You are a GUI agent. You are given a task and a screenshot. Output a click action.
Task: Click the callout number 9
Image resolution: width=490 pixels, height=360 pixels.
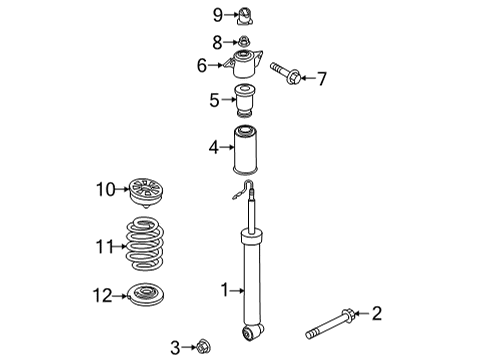point(218,15)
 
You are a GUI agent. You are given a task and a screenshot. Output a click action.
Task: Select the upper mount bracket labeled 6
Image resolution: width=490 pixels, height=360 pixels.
point(243,64)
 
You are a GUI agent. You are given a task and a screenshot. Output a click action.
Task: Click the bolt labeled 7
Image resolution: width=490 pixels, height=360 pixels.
point(286,73)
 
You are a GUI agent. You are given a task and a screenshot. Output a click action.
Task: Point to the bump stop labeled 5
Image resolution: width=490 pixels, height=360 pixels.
point(245,101)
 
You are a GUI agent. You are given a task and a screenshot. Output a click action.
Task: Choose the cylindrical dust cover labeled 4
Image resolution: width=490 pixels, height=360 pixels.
point(245,150)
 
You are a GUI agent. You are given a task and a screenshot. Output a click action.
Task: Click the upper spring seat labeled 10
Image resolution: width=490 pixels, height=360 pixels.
point(146,193)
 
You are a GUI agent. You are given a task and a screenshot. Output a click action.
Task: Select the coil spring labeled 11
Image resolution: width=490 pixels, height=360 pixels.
point(145,244)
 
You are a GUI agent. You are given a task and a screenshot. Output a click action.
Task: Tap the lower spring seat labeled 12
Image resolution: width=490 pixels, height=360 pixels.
point(146,295)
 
